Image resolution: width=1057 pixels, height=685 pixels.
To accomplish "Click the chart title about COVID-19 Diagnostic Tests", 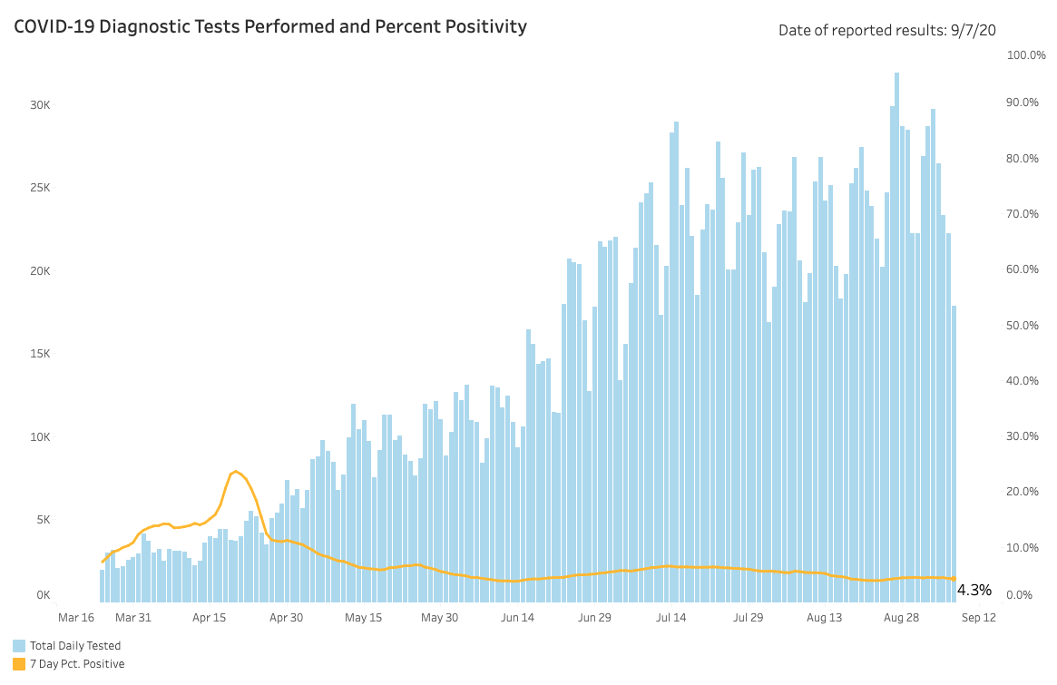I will tap(270, 27).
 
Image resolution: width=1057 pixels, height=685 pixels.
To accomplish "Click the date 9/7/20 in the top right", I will tap(974, 31).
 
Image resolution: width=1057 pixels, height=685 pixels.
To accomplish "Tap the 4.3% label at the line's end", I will tap(974, 591).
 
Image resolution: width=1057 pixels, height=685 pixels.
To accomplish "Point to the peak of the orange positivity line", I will tap(236, 472).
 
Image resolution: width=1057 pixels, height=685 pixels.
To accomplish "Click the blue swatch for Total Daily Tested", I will tap(19, 646).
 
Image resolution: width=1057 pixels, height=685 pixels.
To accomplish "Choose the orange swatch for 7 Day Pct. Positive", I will tap(19, 664).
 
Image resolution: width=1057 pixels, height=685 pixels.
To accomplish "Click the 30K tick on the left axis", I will tap(39, 105).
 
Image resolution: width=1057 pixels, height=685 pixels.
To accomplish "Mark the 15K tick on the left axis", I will tap(39, 354).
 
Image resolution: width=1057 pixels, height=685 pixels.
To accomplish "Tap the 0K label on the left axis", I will tap(43, 595).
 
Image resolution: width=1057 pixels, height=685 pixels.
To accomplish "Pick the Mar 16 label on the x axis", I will tap(76, 618).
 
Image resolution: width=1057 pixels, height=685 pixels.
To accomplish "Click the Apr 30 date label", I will tap(286, 618).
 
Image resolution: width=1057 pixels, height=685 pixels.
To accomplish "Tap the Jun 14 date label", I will tap(516, 618).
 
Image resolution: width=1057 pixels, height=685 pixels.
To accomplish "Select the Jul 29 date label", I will tap(748, 618).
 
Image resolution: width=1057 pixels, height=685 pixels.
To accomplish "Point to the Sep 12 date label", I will tap(978, 618).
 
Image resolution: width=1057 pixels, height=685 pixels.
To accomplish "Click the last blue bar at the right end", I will tap(954, 454).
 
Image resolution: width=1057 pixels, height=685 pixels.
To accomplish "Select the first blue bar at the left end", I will tap(103, 586).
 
